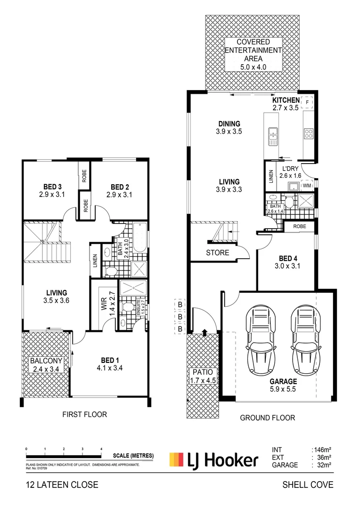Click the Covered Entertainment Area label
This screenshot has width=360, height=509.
click(x=252, y=50)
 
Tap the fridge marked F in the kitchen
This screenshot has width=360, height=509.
click(x=308, y=102)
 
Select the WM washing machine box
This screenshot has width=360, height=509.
click(x=306, y=186)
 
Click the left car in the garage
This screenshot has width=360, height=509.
click(x=260, y=335)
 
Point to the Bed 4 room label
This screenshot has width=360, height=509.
click(x=286, y=258)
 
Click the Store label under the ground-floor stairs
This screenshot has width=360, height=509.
click(x=217, y=253)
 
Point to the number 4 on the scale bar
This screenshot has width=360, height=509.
click(x=101, y=449)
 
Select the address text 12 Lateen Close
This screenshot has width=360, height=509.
click(x=62, y=484)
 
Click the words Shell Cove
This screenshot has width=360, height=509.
click(x=307, y=484)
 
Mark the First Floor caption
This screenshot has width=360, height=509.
click(x=85, y=415)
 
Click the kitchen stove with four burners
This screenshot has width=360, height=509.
click(x=309, y=133)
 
